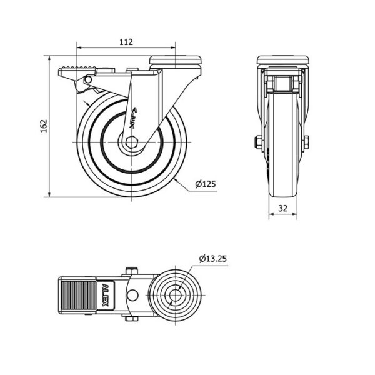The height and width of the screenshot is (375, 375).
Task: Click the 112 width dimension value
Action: pos(126,42)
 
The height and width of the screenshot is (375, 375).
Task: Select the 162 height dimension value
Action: pos(43,126)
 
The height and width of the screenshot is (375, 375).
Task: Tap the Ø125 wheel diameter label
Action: pos(205,184)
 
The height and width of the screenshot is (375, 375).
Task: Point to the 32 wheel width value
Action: pos(284,209)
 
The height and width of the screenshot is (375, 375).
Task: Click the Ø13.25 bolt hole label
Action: pos(214,258)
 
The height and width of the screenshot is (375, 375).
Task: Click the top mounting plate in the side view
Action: pos(176,60)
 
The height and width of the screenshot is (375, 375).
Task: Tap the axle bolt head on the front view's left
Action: pos(258,142)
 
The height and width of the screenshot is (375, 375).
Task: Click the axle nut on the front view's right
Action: pos(308,142)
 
